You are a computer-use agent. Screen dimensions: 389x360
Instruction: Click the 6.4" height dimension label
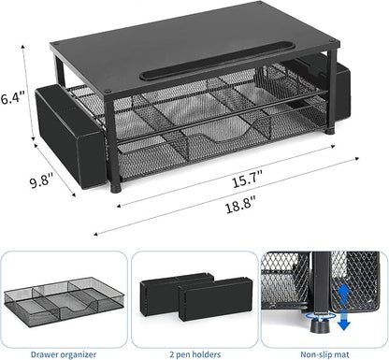[x=12, y=98]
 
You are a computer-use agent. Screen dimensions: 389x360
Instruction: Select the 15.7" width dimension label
[x=248, y=180]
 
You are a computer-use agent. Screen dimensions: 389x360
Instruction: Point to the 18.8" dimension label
[x=240, y=206]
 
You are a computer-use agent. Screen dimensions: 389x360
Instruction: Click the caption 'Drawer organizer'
[x=64, y=354]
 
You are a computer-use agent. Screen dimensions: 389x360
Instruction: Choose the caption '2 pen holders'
[x=195, y=354]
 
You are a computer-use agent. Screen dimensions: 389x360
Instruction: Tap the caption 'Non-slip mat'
[x=324, y=354]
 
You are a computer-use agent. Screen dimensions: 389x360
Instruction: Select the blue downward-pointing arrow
[x=344, y=320]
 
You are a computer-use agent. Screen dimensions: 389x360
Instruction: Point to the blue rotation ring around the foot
[x=321, y=316]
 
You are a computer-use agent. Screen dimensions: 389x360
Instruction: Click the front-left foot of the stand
[x=116, y=188]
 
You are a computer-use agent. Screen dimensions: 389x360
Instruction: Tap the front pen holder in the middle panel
[x=216, y=299]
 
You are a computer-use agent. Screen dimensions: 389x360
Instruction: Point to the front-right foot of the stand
[x=329, y=130]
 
